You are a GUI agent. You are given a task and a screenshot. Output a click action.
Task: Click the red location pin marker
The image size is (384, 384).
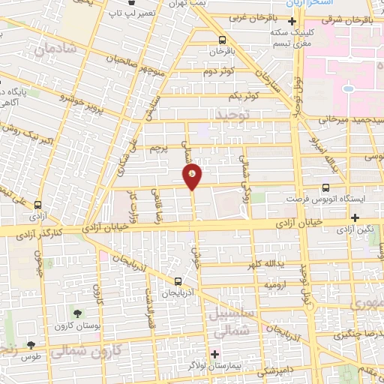coord(193,175)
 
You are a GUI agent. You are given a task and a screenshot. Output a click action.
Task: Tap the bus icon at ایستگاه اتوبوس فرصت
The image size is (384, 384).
coord(325,188)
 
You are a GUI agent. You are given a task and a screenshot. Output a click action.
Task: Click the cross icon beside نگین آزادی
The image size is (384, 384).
coord(355,217)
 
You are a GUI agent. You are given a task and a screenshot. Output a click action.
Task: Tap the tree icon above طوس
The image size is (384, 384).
coord(31,345)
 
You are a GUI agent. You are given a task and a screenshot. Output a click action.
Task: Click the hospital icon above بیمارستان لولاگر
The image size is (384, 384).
coord(214,353)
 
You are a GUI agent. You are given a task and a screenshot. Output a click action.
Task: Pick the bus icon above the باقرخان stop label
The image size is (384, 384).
coord(221,40)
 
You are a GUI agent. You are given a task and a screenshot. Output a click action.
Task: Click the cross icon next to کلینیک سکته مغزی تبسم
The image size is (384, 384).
coord(292,22)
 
